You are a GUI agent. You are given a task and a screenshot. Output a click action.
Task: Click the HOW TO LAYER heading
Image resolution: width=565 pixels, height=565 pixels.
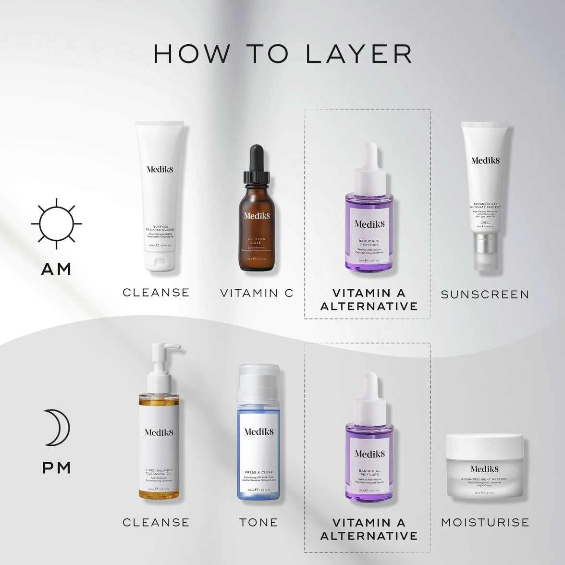282,53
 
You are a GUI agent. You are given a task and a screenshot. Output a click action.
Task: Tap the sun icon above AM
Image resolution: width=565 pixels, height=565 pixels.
56,223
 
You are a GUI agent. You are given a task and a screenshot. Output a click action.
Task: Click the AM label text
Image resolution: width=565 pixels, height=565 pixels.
56,269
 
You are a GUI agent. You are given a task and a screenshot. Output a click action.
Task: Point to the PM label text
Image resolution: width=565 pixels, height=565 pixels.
57,467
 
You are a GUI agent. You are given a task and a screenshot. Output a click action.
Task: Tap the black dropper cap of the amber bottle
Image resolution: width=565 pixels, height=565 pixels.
257,163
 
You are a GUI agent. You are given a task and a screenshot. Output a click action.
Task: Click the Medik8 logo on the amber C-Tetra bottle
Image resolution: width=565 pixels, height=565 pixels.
257,216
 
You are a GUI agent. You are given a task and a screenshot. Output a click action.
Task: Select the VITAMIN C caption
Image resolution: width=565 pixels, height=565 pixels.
257,293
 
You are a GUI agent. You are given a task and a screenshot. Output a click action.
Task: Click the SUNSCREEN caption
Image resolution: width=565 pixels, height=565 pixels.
485,295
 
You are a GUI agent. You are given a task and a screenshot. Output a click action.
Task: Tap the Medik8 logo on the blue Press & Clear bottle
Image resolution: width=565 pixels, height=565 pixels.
258,432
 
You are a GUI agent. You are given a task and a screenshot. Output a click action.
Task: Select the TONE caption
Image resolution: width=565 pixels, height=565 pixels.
258,522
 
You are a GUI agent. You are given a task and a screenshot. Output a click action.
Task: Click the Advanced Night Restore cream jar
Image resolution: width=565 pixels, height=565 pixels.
484,466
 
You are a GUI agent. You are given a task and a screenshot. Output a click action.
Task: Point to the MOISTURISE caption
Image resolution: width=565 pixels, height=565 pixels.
485,522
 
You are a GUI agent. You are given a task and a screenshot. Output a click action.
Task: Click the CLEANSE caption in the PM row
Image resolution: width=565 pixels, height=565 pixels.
156,522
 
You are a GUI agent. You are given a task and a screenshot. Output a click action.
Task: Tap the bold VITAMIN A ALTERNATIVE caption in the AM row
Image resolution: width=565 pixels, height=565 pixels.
369,299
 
